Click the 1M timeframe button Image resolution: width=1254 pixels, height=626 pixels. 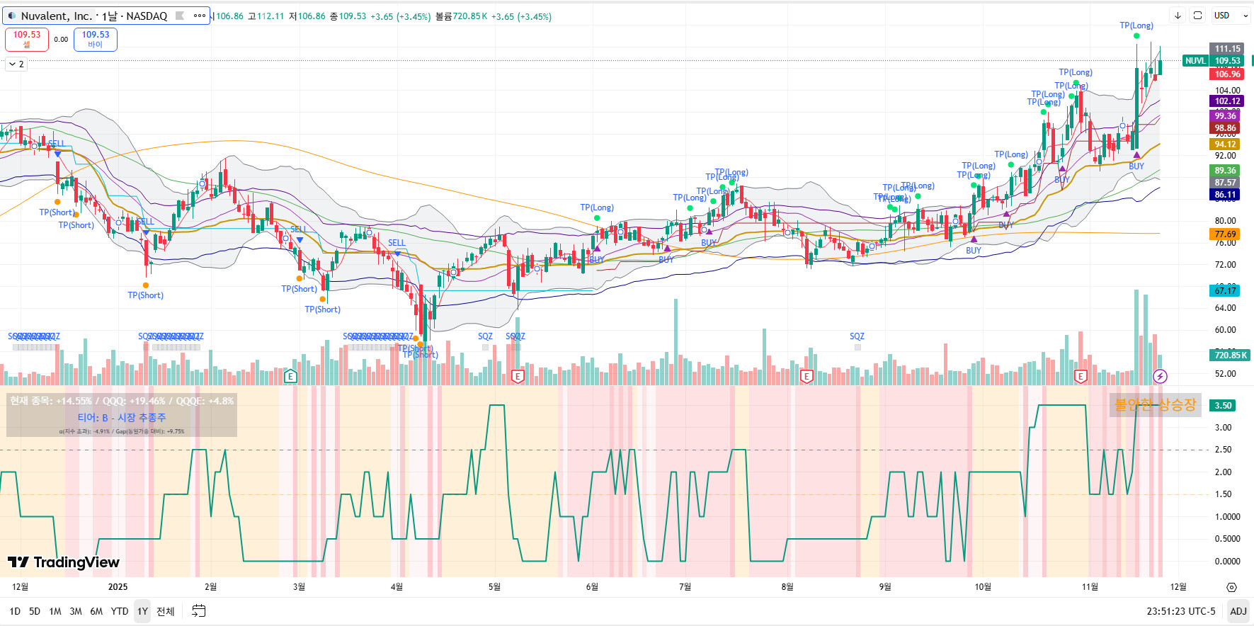pos(55,611)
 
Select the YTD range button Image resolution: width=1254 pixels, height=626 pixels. pos(120,611)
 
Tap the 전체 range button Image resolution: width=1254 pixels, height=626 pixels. pos(165,611)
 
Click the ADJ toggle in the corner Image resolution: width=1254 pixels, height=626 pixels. pos(1238,611)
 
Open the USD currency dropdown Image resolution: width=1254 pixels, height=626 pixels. pos(1231,16)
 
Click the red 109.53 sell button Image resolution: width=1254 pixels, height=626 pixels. pos(27,39)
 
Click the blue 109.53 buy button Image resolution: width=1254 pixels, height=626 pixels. pos(96,39)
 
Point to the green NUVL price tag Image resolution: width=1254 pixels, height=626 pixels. pos(1195,61)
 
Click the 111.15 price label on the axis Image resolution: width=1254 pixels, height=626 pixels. pos(1227,49)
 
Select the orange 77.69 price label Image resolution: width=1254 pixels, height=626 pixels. pos(1225,234)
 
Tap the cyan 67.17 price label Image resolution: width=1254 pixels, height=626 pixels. pos(1225,290)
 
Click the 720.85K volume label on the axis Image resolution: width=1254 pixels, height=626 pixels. pos(1231,355)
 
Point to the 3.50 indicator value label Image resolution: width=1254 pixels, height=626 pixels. pos(1224,406)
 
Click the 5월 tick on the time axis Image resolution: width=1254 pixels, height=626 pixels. pos(494,586)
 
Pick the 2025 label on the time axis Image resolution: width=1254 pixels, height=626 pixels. pos(118,586)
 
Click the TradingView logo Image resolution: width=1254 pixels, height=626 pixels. pos(64,562)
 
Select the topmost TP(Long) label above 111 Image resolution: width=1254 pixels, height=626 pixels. pos(1136,25)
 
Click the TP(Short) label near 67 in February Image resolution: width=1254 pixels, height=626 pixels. pos(145,295)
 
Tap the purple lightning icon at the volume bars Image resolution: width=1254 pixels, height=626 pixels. pos(1160,376)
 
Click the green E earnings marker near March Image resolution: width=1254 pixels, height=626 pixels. pos(290,376)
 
